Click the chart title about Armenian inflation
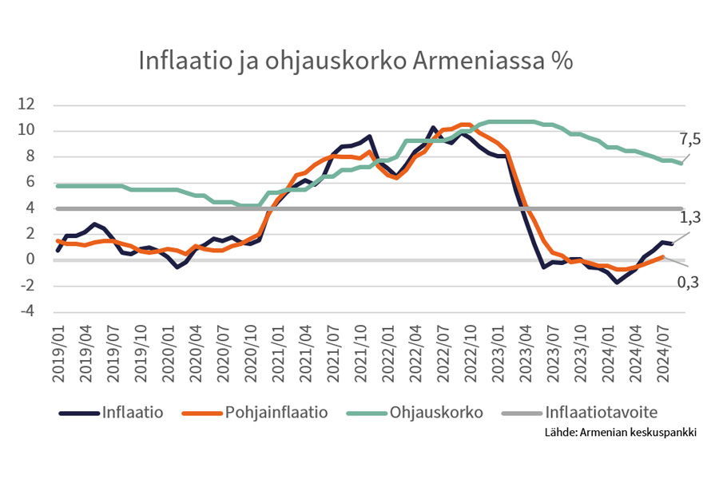356,61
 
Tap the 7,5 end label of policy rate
689,141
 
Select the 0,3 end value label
689,280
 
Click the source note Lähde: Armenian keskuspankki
620,433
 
